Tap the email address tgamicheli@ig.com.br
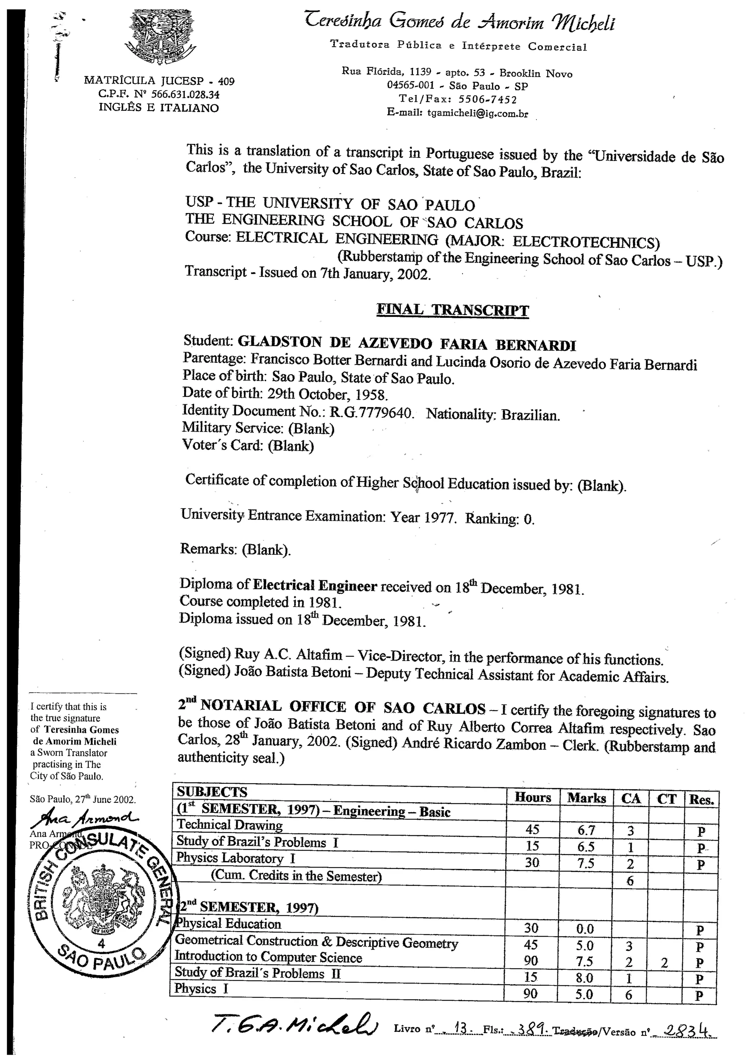tap(477, 113)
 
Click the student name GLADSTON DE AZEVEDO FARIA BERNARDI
tap(406, 344)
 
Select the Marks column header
tap(586, 798)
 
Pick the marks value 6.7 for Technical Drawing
tap(586, 830)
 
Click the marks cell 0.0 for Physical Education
tap(585, 928)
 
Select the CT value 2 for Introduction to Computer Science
tap(664, 963)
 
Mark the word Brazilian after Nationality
tap(530, 415)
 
